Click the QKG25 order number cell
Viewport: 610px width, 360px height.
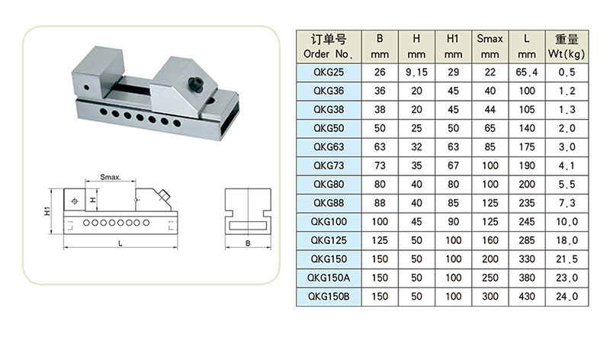(x=329, y=72)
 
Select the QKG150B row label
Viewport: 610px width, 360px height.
(x=329, y=297)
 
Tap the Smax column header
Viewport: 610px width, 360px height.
(x=490, y=47)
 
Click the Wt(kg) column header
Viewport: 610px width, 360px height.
(x=567, y=47)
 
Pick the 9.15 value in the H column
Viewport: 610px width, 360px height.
(x=416, y=72)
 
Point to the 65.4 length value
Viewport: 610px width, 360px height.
(x=527, y=72)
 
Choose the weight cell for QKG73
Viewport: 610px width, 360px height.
(x=567, y=166)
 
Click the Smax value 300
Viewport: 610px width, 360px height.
(x=490, y=297)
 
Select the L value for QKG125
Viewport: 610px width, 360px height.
(x=527, y=240)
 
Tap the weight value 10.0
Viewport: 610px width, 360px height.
(x=567, y=222)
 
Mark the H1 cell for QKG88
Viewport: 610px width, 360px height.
(x=453, y=203)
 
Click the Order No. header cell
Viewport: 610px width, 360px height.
(x=329, y=47)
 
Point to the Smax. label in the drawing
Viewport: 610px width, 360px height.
(x=111, y=177)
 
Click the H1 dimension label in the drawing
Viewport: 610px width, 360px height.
(x=47, y=211)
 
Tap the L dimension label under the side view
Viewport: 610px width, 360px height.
(x=120, y=243)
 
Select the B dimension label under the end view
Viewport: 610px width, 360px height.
(x=248, y=243)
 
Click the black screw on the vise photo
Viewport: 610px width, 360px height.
(x=196, y=84)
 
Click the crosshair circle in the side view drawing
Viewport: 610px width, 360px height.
(x=75, y=201)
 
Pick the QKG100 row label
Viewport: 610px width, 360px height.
(x=329, y=222)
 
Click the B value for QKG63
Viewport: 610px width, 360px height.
(x=380, y=147)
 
